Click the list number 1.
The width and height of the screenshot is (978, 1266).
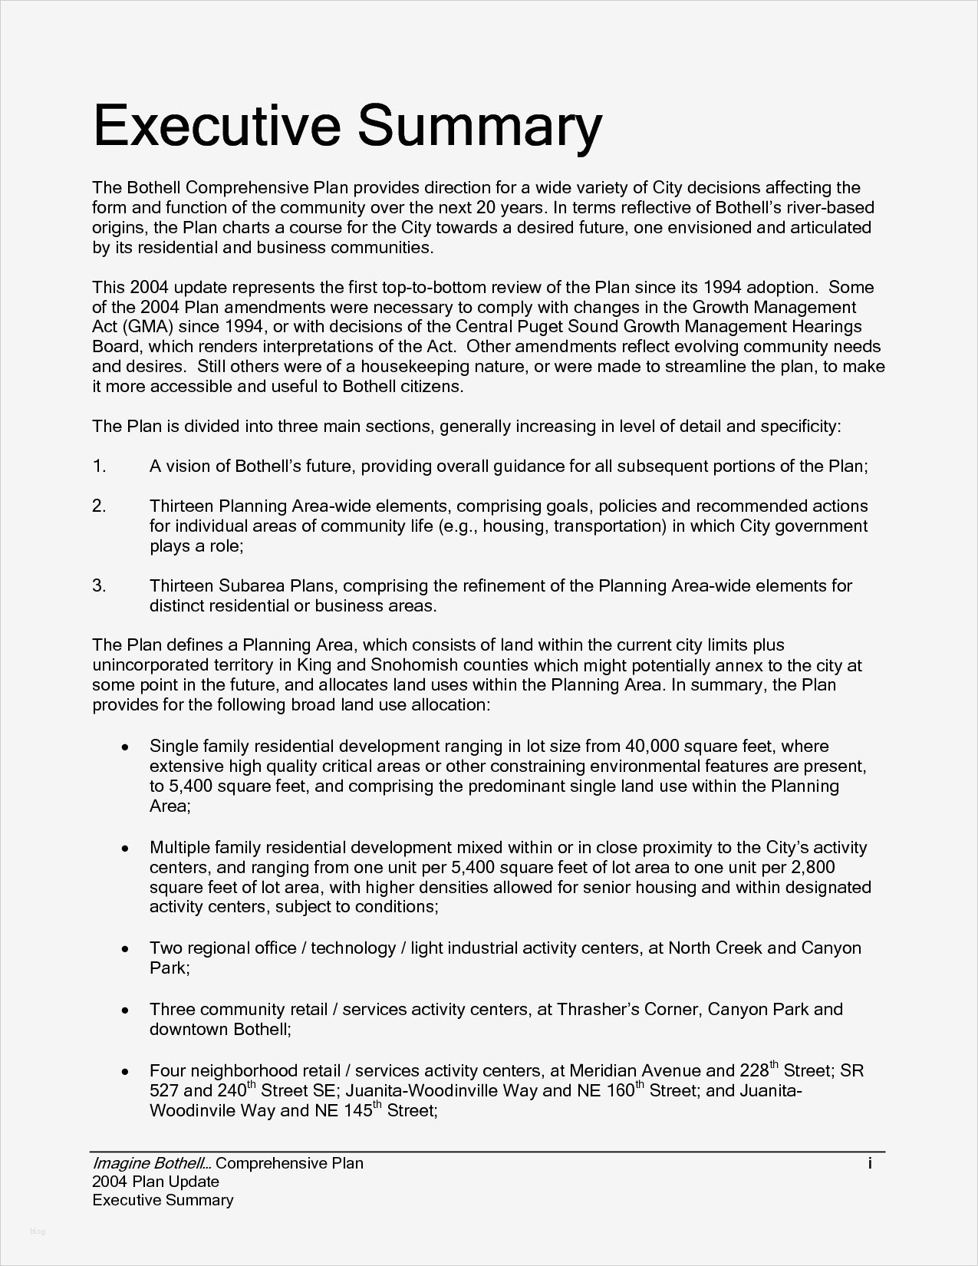(x=99, y=467)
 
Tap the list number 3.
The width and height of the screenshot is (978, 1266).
(x=99, y=586)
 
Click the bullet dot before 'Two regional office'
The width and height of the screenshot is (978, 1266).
(x=125, y=949)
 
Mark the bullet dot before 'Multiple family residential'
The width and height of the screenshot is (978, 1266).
(x=125, y=849)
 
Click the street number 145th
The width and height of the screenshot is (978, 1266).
(x=357, y=1109)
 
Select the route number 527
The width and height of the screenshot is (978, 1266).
(x=164, y=1090)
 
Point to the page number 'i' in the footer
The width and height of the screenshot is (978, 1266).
(x=870, y=1163)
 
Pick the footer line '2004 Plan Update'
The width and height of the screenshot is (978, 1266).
(x=155, y=1182)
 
